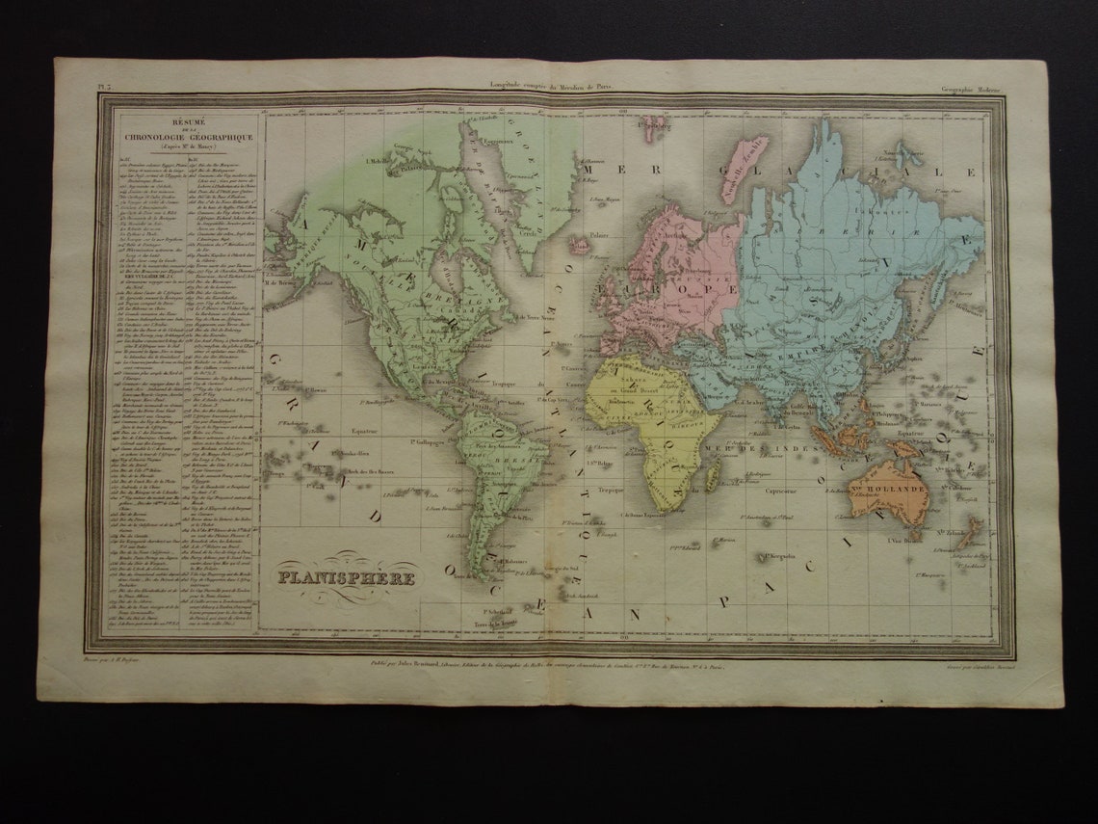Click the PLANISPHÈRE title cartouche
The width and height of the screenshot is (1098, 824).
[x=347, y=578]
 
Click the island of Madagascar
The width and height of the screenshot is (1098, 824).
[x=713, y=475]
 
